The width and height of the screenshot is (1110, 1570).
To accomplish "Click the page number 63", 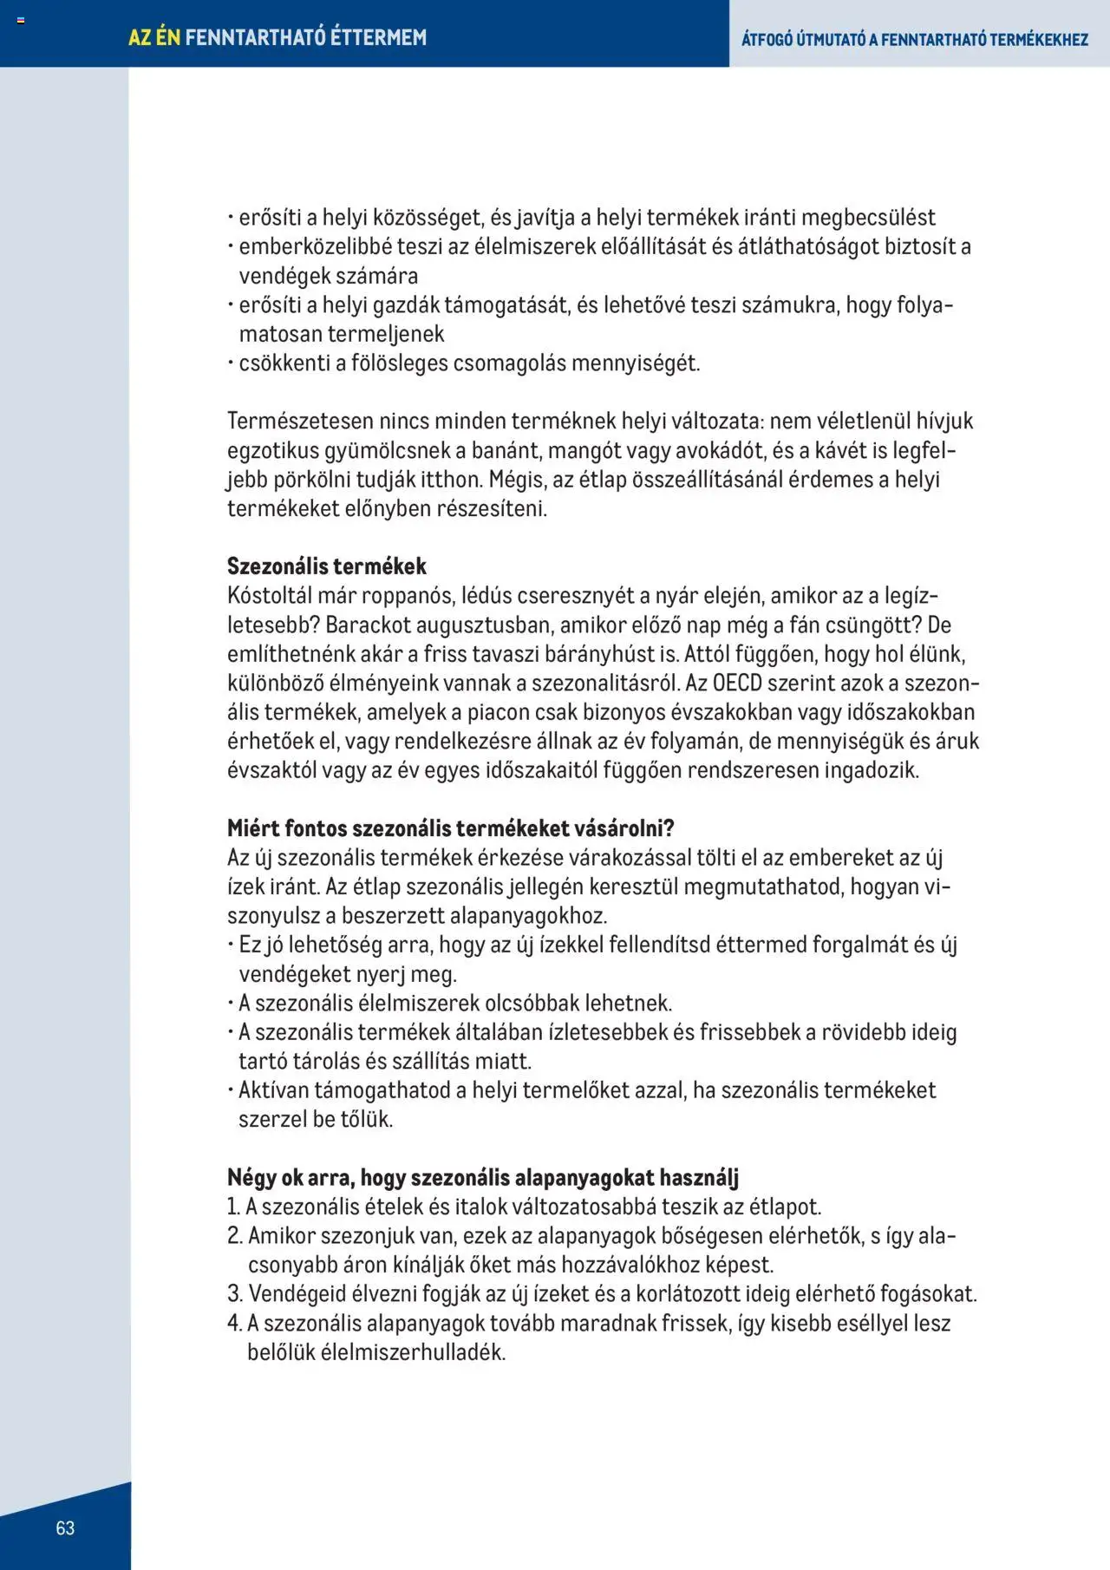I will [x=65, y=1527].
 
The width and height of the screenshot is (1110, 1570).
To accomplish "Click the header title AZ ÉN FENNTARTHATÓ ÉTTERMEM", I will [x=277, y=37].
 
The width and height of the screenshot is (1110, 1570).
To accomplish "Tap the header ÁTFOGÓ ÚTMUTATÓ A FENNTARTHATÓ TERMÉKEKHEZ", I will [x=915, y=39].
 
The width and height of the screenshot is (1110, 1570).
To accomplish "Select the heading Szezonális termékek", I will [x=327, y=566].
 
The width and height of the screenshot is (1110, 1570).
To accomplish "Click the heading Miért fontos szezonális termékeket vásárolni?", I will [x=451, y=828].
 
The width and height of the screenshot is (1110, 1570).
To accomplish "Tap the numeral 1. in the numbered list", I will [x=233, y=1207].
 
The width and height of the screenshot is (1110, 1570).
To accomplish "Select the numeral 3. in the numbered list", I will [x=235, y=1293].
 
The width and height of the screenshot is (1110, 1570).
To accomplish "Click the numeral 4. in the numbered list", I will [x=235, y=1323].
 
